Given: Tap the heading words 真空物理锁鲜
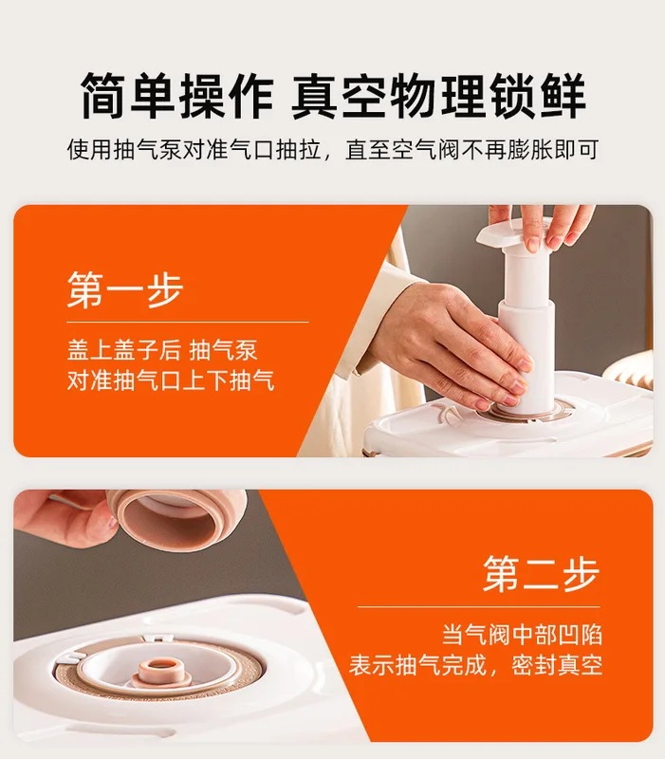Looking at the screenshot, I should [437, 96].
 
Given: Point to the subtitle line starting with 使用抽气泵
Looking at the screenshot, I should [332, 150].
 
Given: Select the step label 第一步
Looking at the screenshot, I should [124, 290].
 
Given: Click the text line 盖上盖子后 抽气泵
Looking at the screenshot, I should [161, 350].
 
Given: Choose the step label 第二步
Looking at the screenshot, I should [541, 574].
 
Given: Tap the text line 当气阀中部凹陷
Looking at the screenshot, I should [522, 634].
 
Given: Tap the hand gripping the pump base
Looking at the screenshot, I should [455, 342].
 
